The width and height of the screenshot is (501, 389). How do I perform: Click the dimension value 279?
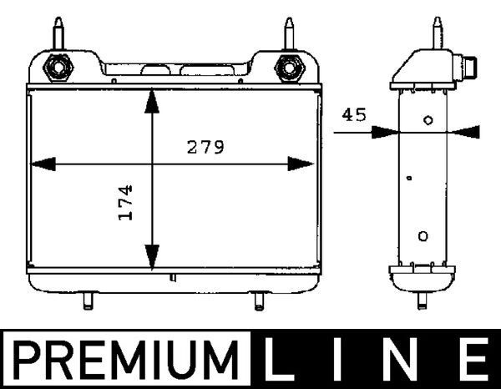[x=205, y=149]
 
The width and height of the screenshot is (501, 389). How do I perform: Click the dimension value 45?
[x=354, y=115]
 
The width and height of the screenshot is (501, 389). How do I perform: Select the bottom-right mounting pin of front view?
[x=260, y=300]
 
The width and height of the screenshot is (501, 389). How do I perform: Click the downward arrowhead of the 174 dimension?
[x=151, y=255]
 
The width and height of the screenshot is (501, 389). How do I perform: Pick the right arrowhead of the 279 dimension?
[x=301, y=164]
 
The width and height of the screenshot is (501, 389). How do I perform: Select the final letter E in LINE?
[x=471, y=361]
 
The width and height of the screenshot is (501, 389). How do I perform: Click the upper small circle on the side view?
[x=428, y=120]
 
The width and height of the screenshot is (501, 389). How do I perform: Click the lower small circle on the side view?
[x=423, y=236]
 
